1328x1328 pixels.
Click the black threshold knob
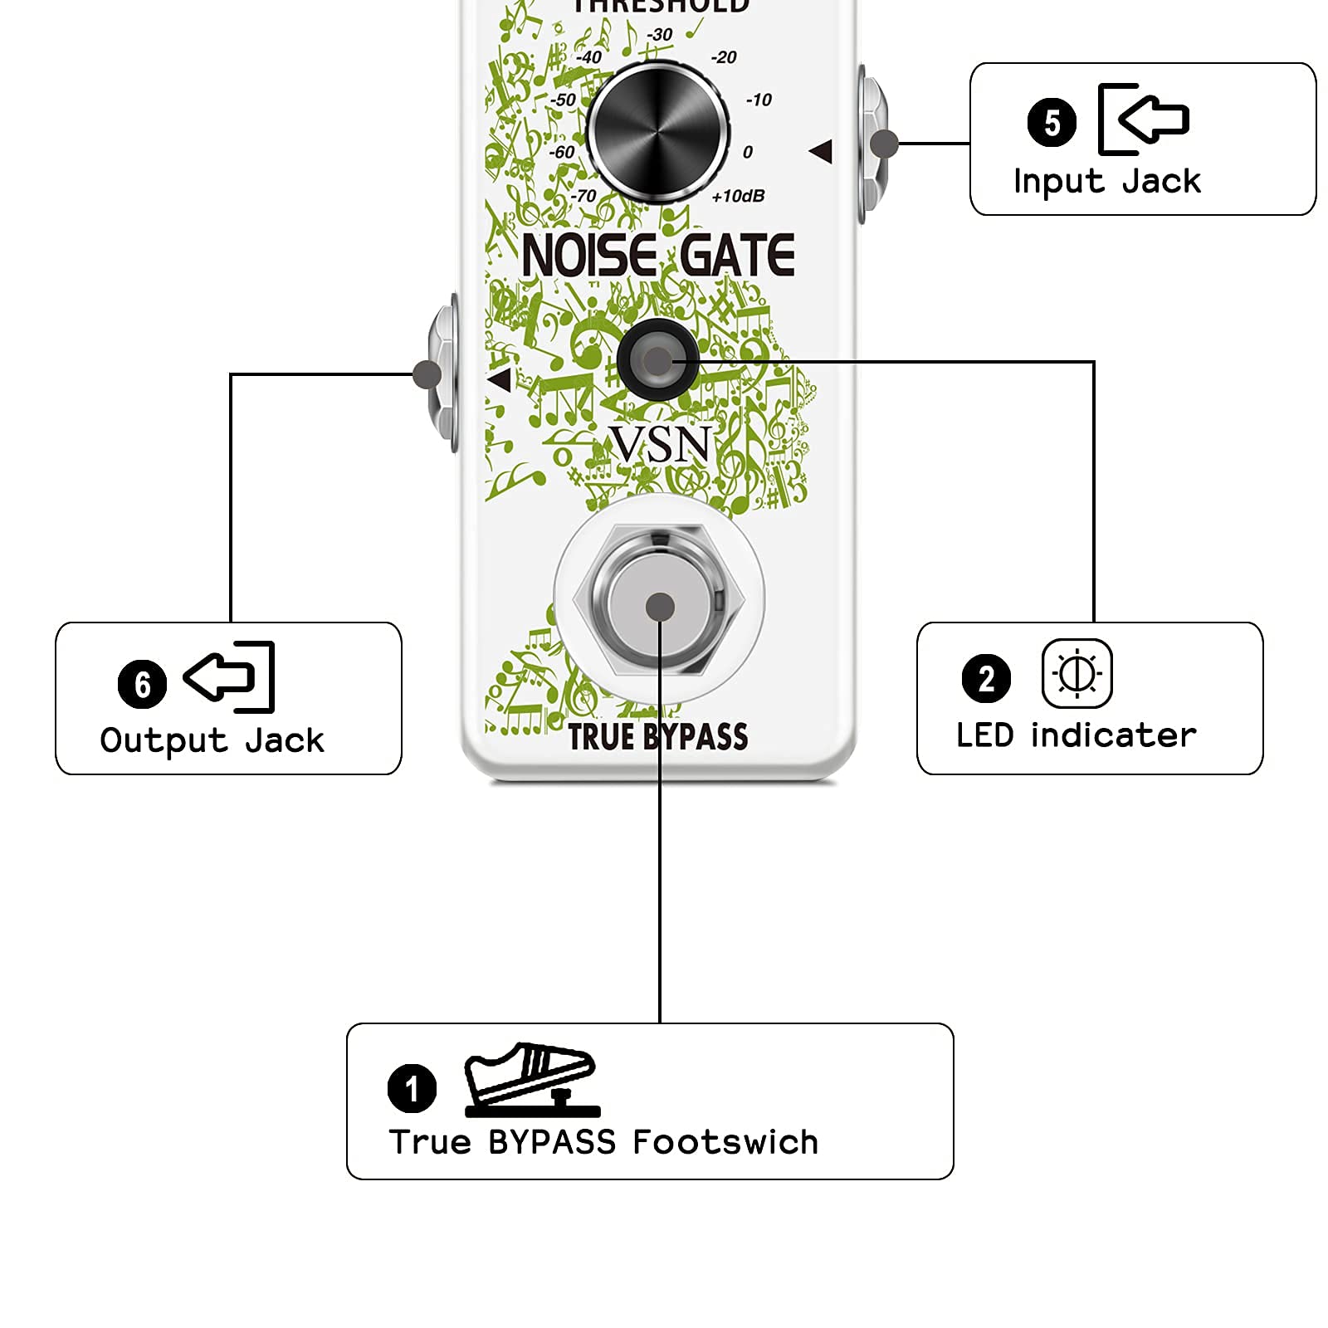(x=657, y=132)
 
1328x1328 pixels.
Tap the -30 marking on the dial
(x=660, y=35)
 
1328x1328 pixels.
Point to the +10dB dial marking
(x=738, y=196)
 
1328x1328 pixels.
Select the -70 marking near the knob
(x=583, y=196)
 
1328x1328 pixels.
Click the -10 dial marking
(x=759, y=100)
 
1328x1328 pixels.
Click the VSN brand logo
(x=661, y=444)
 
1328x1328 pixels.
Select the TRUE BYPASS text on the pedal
(x=657, y=737)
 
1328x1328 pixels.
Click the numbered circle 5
(x=1052, y=123)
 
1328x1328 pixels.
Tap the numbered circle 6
(x=142, y=684)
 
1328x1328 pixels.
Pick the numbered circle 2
(x=986, y=678)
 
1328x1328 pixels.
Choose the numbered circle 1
(x=412, y=1088)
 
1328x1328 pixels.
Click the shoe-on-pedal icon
(x=531, y=1079)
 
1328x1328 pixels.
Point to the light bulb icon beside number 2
(x=1077, y=673)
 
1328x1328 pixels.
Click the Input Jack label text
(x=1106, y=181)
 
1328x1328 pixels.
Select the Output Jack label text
(x=212, y=740)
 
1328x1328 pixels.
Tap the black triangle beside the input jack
(x=821, y=151)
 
